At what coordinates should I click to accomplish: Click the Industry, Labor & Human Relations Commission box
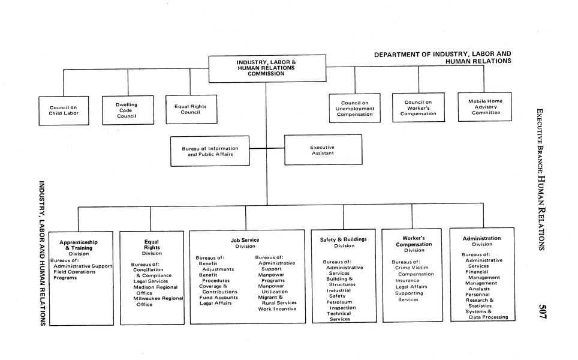point(267,68)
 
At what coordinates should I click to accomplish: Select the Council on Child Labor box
point(64,110)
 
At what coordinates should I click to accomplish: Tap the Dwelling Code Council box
point(127,110)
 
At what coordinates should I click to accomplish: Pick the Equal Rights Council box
point(191,109)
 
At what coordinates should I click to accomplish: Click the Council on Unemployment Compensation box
point(354,108)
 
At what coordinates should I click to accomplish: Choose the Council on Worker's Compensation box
point(418,108)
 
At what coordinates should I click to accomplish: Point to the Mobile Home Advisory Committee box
point(485,107)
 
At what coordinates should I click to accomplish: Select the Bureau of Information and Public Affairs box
point(210,151)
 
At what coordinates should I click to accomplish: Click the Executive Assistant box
point(323,150)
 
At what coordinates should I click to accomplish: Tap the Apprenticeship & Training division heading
point(79,245)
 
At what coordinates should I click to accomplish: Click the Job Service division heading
point(245,240)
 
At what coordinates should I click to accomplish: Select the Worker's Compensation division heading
point(414,241)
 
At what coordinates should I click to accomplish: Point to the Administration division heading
point(481,238)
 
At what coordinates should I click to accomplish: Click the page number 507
point(542,311)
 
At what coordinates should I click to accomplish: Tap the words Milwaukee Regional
point(158,298)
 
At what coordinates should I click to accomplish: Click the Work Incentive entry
point(277,308)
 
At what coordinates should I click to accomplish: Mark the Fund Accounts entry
point(218,297)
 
